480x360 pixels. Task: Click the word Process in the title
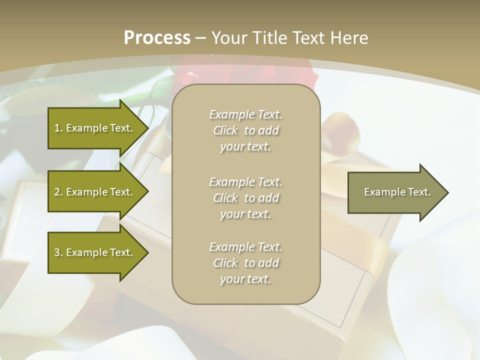click(x=157, y=38)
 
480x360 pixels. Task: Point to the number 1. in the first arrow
click(x=58, y=128)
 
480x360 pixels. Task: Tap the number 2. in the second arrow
click(x=58, y=192)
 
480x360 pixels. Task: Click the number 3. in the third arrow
click(x=58, y=252)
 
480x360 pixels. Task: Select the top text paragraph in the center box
click(x=245, y=130)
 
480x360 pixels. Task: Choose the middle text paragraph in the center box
click(x=245, y=198)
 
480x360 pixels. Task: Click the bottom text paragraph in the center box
click(x=245, y=263)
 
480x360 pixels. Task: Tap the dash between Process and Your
click(x=200, y=38)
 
